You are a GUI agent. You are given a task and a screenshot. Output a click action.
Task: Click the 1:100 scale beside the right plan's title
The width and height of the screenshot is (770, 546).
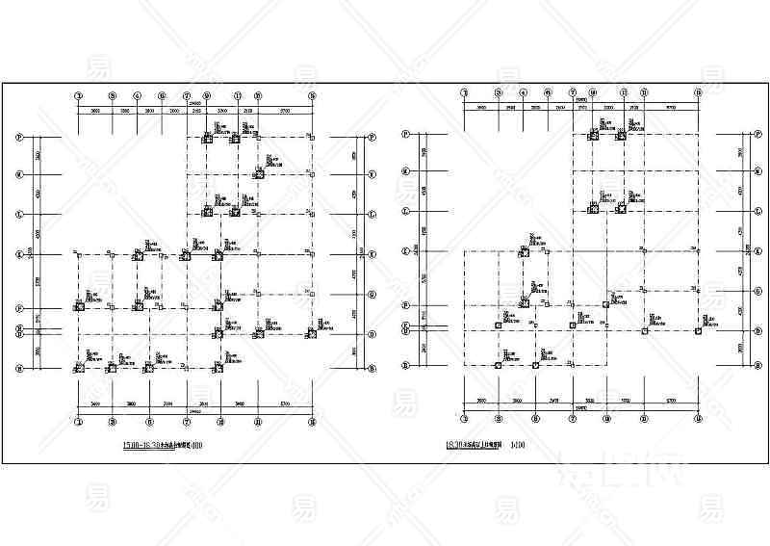point(519,445)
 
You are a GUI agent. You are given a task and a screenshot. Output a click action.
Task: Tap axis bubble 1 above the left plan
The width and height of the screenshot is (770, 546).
point(79,96)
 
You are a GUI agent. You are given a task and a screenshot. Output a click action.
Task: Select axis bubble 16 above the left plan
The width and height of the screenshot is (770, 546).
point(311,96)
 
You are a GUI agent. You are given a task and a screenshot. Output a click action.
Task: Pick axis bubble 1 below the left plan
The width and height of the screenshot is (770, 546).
point(79,422)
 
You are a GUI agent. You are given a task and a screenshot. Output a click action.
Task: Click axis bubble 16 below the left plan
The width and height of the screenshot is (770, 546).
point(311,422)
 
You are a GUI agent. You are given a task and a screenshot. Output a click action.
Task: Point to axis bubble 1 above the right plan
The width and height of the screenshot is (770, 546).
point(464,93)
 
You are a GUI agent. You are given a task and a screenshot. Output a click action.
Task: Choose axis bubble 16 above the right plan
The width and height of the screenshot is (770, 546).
point(698,93)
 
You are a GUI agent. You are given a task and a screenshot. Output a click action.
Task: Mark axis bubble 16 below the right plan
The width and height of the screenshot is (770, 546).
point(698,419)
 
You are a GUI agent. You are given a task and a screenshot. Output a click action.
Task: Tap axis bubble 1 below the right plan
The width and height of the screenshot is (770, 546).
point(464,419)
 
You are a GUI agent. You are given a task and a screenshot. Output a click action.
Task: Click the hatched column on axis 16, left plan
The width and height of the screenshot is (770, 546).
point(311,334)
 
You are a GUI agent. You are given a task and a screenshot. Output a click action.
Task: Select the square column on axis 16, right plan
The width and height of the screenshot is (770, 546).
point(698,330)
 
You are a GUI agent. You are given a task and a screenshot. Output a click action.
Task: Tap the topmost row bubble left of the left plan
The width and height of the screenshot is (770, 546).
point(18,137)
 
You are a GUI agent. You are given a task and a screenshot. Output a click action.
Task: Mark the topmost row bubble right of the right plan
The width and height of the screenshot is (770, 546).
point(759,133)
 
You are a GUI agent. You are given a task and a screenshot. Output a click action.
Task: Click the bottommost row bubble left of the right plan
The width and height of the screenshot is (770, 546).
point(406,365)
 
